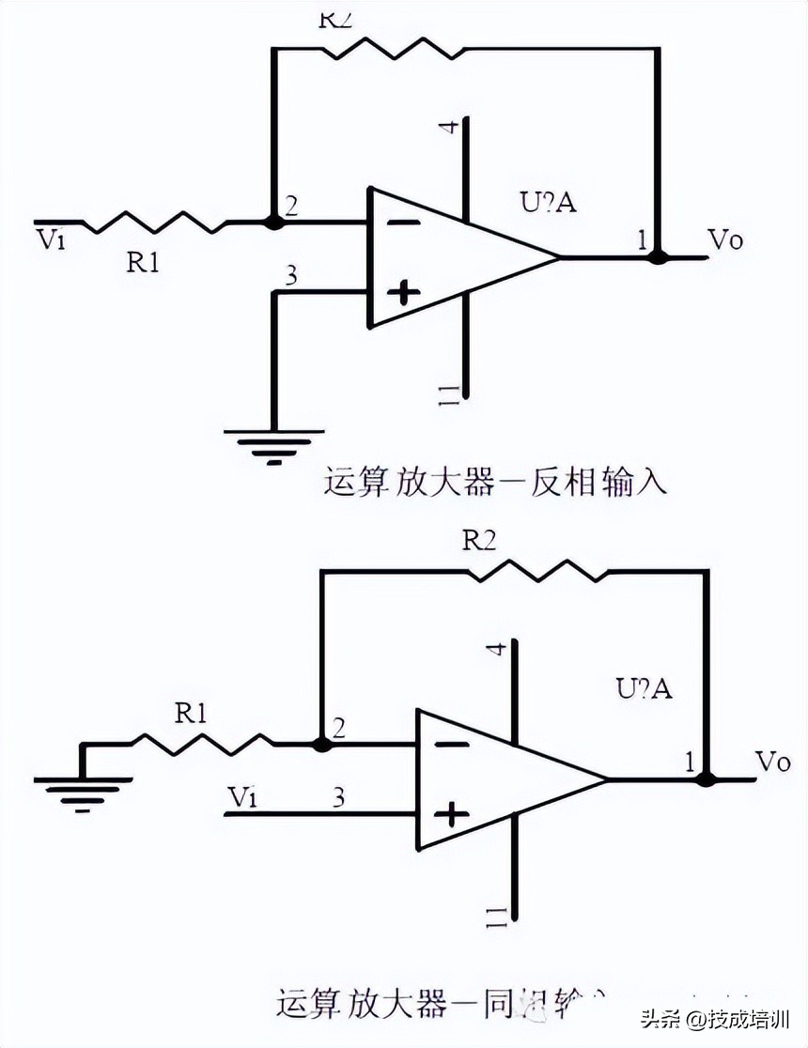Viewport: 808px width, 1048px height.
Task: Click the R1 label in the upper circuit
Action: coord(143,264)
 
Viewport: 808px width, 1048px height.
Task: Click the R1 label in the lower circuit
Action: coord(191,714)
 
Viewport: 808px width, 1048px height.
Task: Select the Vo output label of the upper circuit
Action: coord(724,241)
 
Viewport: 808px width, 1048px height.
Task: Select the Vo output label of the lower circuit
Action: coord(772,763)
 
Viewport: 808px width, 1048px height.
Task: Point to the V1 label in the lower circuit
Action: coord(242,797)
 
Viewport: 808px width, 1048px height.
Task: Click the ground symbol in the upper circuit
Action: coord(272,445)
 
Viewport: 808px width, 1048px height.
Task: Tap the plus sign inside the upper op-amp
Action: coord(404,293)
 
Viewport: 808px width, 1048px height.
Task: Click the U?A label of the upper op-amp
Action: coord(548,202)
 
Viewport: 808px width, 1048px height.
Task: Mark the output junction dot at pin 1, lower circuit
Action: coord(707,779)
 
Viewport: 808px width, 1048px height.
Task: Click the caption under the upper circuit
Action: coord(495,484)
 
